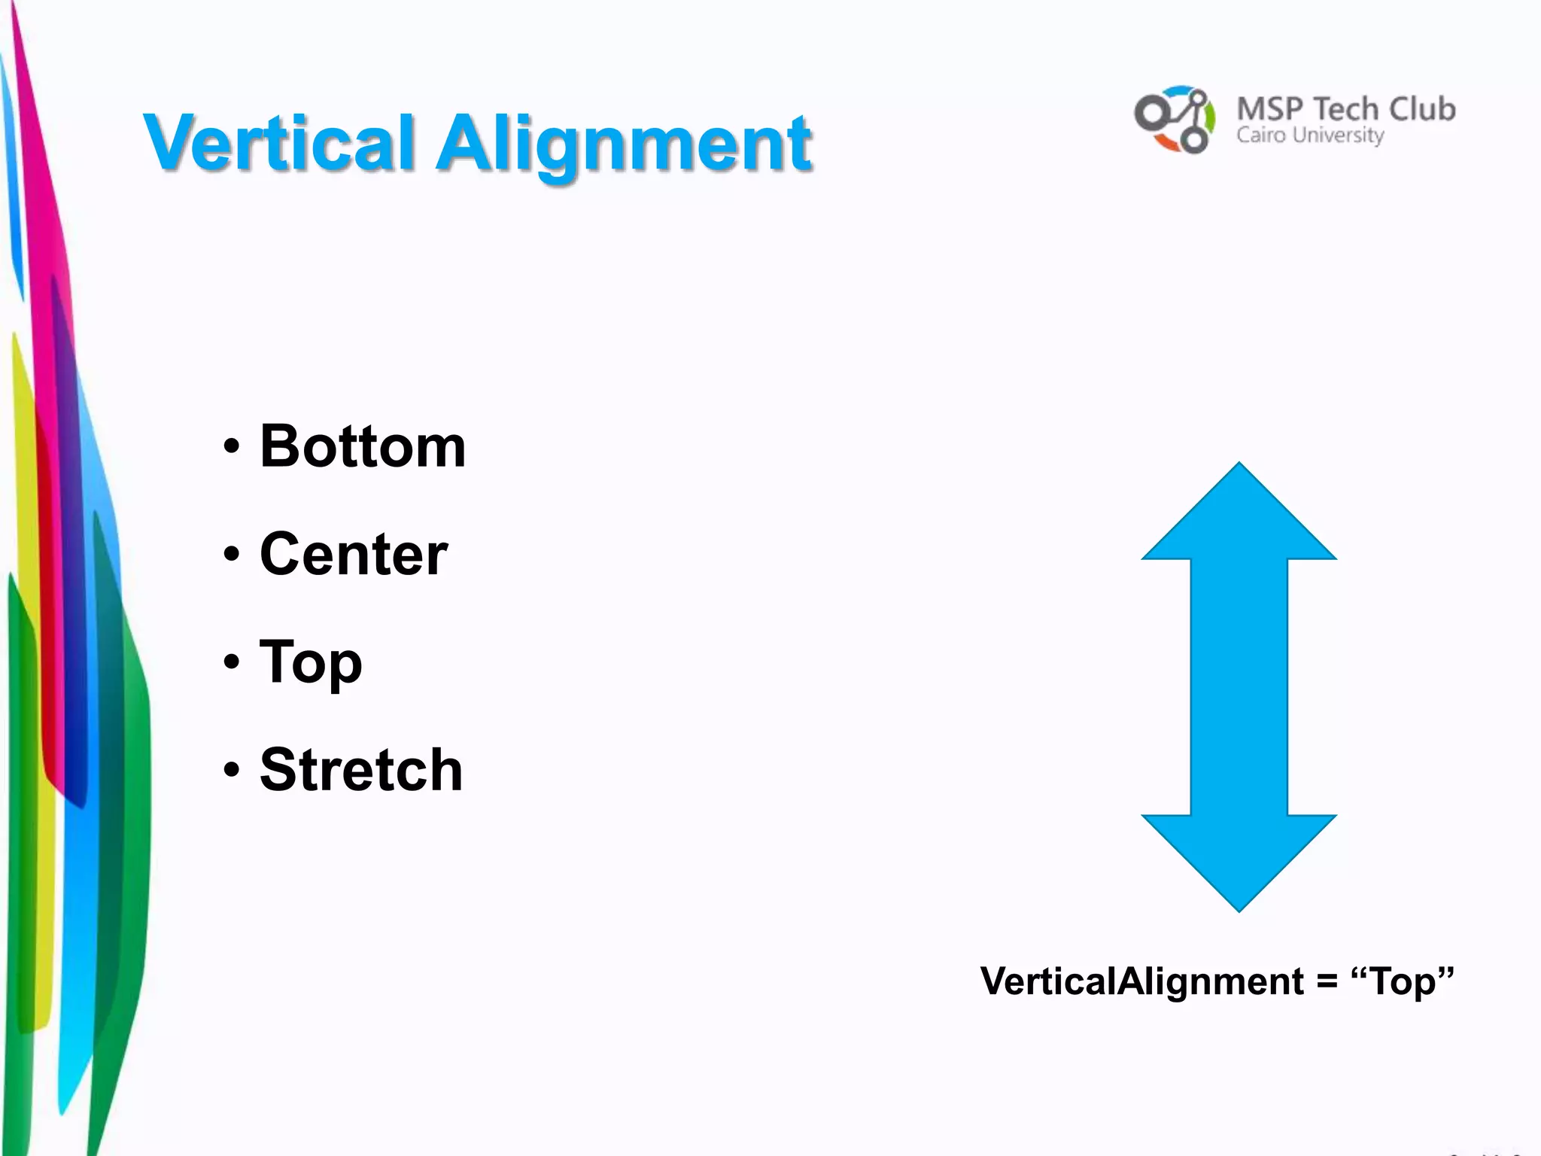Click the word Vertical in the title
(278, 143)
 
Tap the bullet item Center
(354, 554)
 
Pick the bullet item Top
(311, 662)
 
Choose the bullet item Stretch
(361, 770)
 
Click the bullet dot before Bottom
(232, 447)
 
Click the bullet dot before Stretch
(232, 770)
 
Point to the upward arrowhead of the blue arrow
(1239, 519)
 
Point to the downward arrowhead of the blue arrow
(1239, 858)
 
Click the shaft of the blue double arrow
(1239, 686)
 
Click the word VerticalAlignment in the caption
(1141, 981)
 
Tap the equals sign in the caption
(1327, 981)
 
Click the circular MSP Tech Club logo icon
(1175, 119)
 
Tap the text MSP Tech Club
(1345, 109)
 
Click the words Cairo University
(1310, 135)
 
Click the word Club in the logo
(1422, 109)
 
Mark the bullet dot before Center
(232, 555)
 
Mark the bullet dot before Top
(232, 662)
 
